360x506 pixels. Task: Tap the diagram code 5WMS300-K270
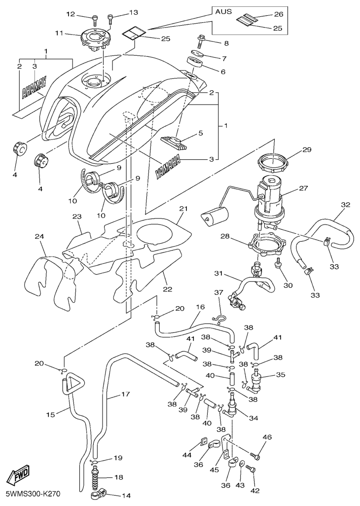(33, 494)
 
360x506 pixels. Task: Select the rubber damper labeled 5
(175, 143)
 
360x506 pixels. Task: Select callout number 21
(183, 209)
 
